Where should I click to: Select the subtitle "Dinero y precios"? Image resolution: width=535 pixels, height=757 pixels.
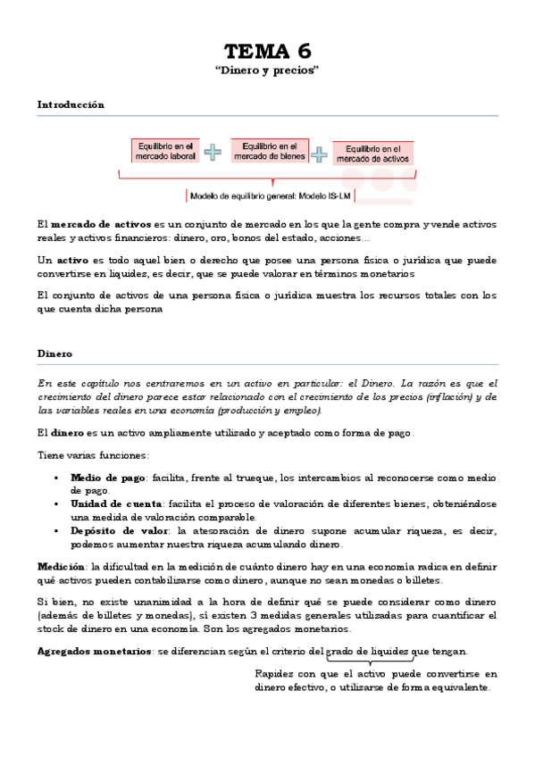267,70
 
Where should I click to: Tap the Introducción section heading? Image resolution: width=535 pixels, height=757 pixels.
71,104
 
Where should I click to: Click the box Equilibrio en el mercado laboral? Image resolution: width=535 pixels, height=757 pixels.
164,151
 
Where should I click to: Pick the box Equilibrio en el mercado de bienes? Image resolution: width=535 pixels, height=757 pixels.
270,151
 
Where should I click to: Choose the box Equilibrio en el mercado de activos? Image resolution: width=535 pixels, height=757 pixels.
372,154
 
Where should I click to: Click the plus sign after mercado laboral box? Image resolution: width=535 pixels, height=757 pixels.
213,152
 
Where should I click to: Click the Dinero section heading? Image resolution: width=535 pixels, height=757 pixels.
54,354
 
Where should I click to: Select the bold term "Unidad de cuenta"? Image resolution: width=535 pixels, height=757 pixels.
116,504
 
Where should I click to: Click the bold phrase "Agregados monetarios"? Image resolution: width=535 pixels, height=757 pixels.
94,651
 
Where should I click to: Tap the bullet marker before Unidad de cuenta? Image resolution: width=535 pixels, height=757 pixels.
56,504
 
